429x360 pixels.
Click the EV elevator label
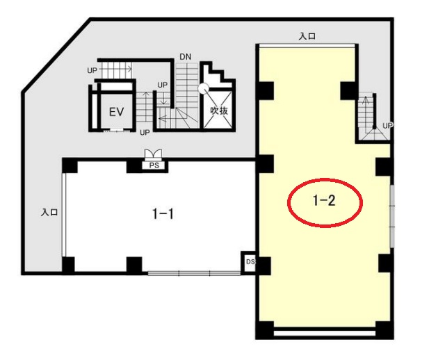point(116,112)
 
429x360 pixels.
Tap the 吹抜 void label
point(219,111)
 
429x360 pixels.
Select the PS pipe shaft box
point(154,165)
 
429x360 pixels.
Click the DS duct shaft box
point(249,262)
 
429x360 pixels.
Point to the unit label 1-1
point(163,213)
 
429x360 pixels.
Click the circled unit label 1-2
point(324,201)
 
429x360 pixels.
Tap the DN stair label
point(186,57)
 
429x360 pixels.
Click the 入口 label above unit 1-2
point(307,36)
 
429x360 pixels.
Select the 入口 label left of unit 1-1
point(49,212)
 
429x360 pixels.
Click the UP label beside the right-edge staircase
point(388,126)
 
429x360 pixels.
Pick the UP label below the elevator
point(145,133)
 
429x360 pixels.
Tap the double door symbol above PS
point(154,154)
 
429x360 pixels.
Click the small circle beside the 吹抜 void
point(204,88)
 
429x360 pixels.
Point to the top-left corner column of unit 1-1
point(70,165)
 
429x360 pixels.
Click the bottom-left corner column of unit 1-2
point(264,330)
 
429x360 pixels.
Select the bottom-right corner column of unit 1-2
point(385,330)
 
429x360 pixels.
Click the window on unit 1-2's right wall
point(392,216)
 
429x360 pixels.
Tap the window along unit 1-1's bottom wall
point(194,272)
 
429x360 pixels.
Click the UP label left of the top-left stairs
point(92,71)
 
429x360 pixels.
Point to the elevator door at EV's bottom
point(117,130)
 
